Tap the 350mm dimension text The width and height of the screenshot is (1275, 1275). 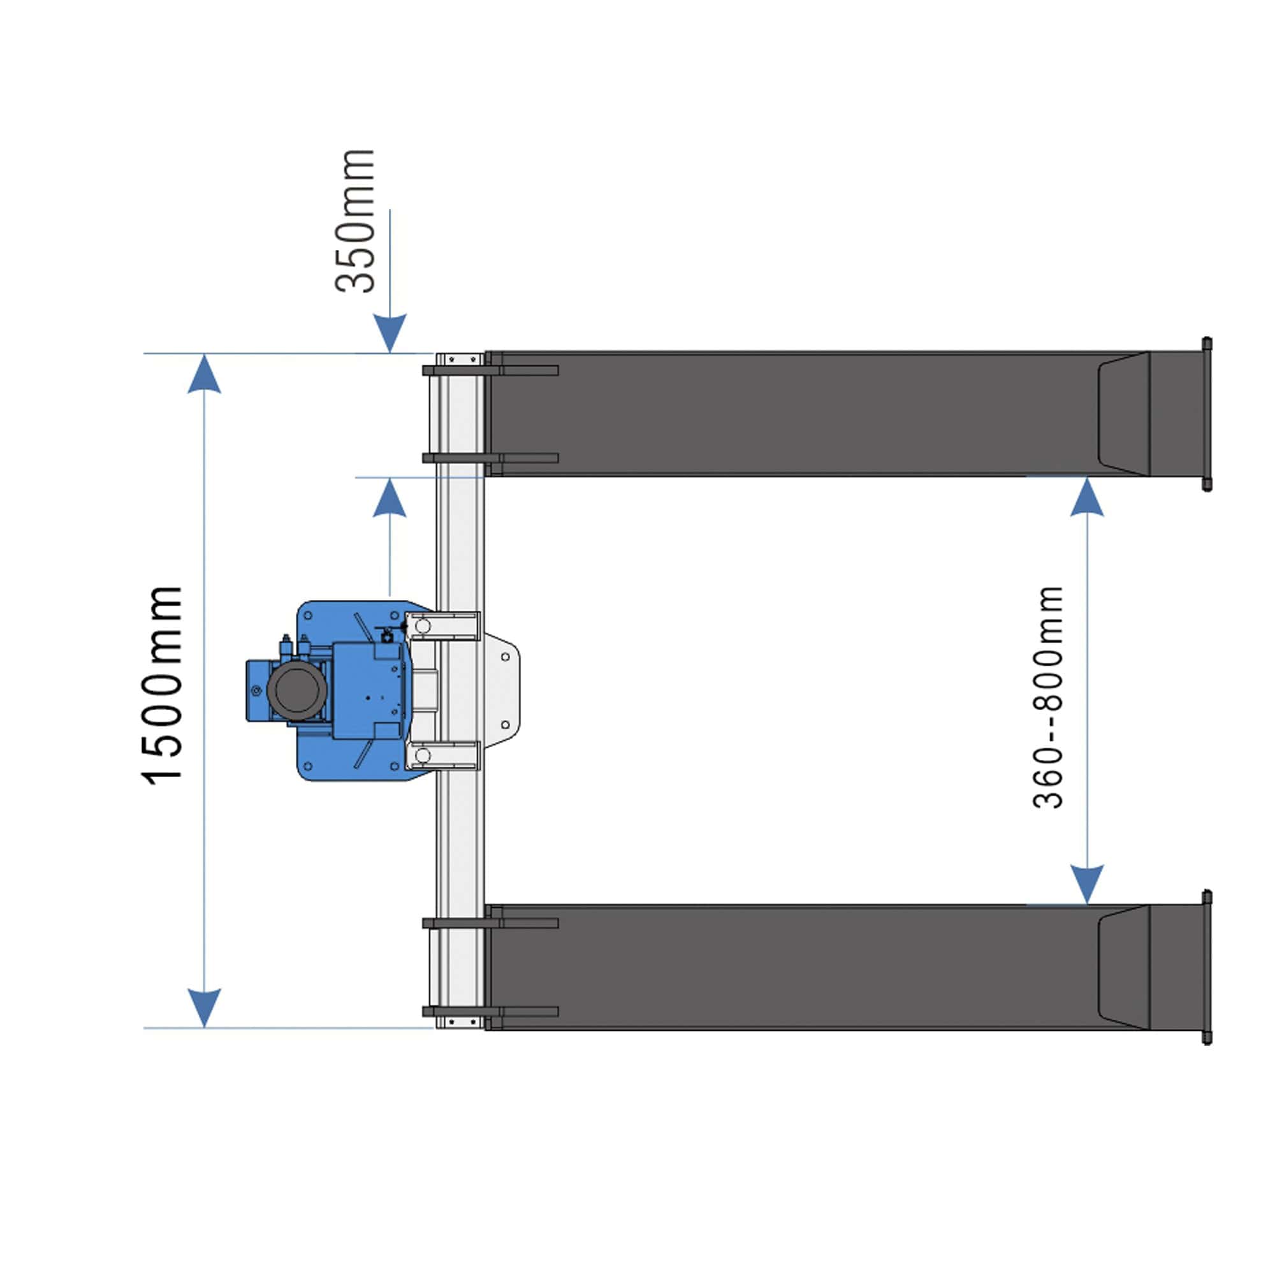click(355, 221)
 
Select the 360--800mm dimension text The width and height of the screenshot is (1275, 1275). click(1048, 697)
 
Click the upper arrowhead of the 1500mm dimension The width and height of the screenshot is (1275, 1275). click(204, 375)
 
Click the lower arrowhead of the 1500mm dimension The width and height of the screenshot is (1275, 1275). click(204, 1007)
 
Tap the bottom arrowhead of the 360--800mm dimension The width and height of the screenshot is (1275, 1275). click(1087, 884)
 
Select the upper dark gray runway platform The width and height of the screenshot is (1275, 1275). click(792, 414)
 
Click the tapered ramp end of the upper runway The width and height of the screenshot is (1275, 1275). click(1124, 414)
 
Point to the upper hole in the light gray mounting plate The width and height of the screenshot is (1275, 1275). click(506, 657)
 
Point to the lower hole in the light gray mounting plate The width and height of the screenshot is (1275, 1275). click(506, 725)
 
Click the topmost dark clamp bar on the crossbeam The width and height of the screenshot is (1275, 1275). click(490, 370)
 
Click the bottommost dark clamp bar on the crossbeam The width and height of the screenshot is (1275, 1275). click(490, 1012)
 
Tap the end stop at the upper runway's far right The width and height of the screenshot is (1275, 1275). click(1206, 414)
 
